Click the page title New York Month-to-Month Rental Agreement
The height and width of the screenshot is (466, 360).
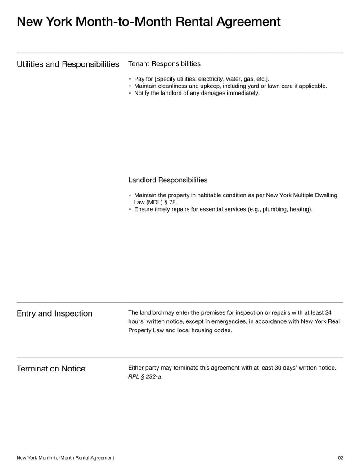point(148,22)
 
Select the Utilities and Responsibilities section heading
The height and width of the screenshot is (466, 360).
point(68,64)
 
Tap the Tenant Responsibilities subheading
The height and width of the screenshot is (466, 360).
point(164,64)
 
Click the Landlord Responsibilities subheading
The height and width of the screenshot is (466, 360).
point(168,180)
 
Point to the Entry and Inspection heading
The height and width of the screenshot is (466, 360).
point(54,313)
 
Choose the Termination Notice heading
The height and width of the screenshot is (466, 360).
point(51,369)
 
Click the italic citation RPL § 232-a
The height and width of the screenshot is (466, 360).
point(145,376)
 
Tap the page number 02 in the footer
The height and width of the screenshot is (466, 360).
point(340,458)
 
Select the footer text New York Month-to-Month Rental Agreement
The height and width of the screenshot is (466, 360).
point(65,458)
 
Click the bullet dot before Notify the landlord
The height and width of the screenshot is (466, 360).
point(130,93)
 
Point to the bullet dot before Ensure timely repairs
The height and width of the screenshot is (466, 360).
point(130,209)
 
